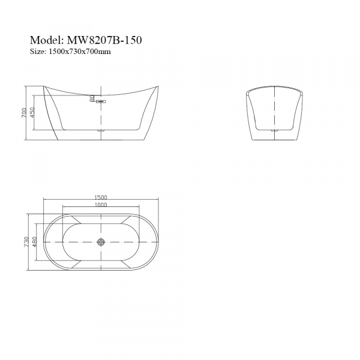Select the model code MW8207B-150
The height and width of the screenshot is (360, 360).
click(x=105, y=41)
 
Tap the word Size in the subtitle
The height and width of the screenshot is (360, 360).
click(x=37, y=52)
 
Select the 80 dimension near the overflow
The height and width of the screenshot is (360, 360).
click(x=92, y=98)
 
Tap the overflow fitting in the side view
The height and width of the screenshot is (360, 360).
click(x=100, y=102)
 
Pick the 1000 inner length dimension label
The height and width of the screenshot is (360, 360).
click(x=100, y=205)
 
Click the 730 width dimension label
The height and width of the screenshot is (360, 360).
click(x=26, y=242)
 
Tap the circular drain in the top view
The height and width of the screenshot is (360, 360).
click(x=101, y=242)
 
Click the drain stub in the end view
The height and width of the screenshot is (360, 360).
click(x=274, y=129)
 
